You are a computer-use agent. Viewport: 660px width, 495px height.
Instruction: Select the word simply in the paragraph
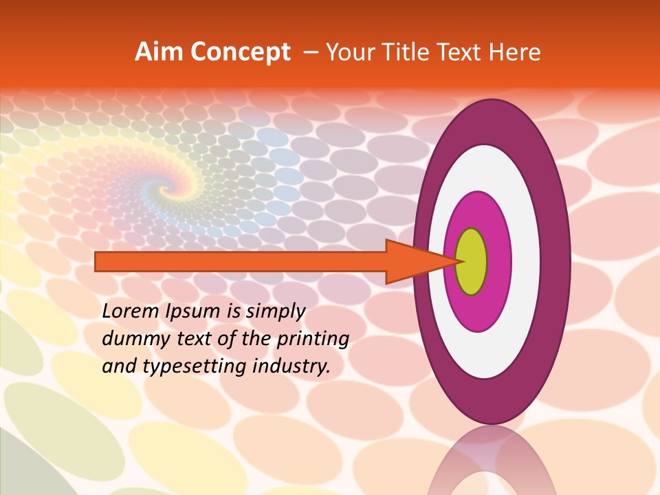point(274,312)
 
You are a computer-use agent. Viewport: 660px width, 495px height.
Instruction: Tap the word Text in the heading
point(465,52)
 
